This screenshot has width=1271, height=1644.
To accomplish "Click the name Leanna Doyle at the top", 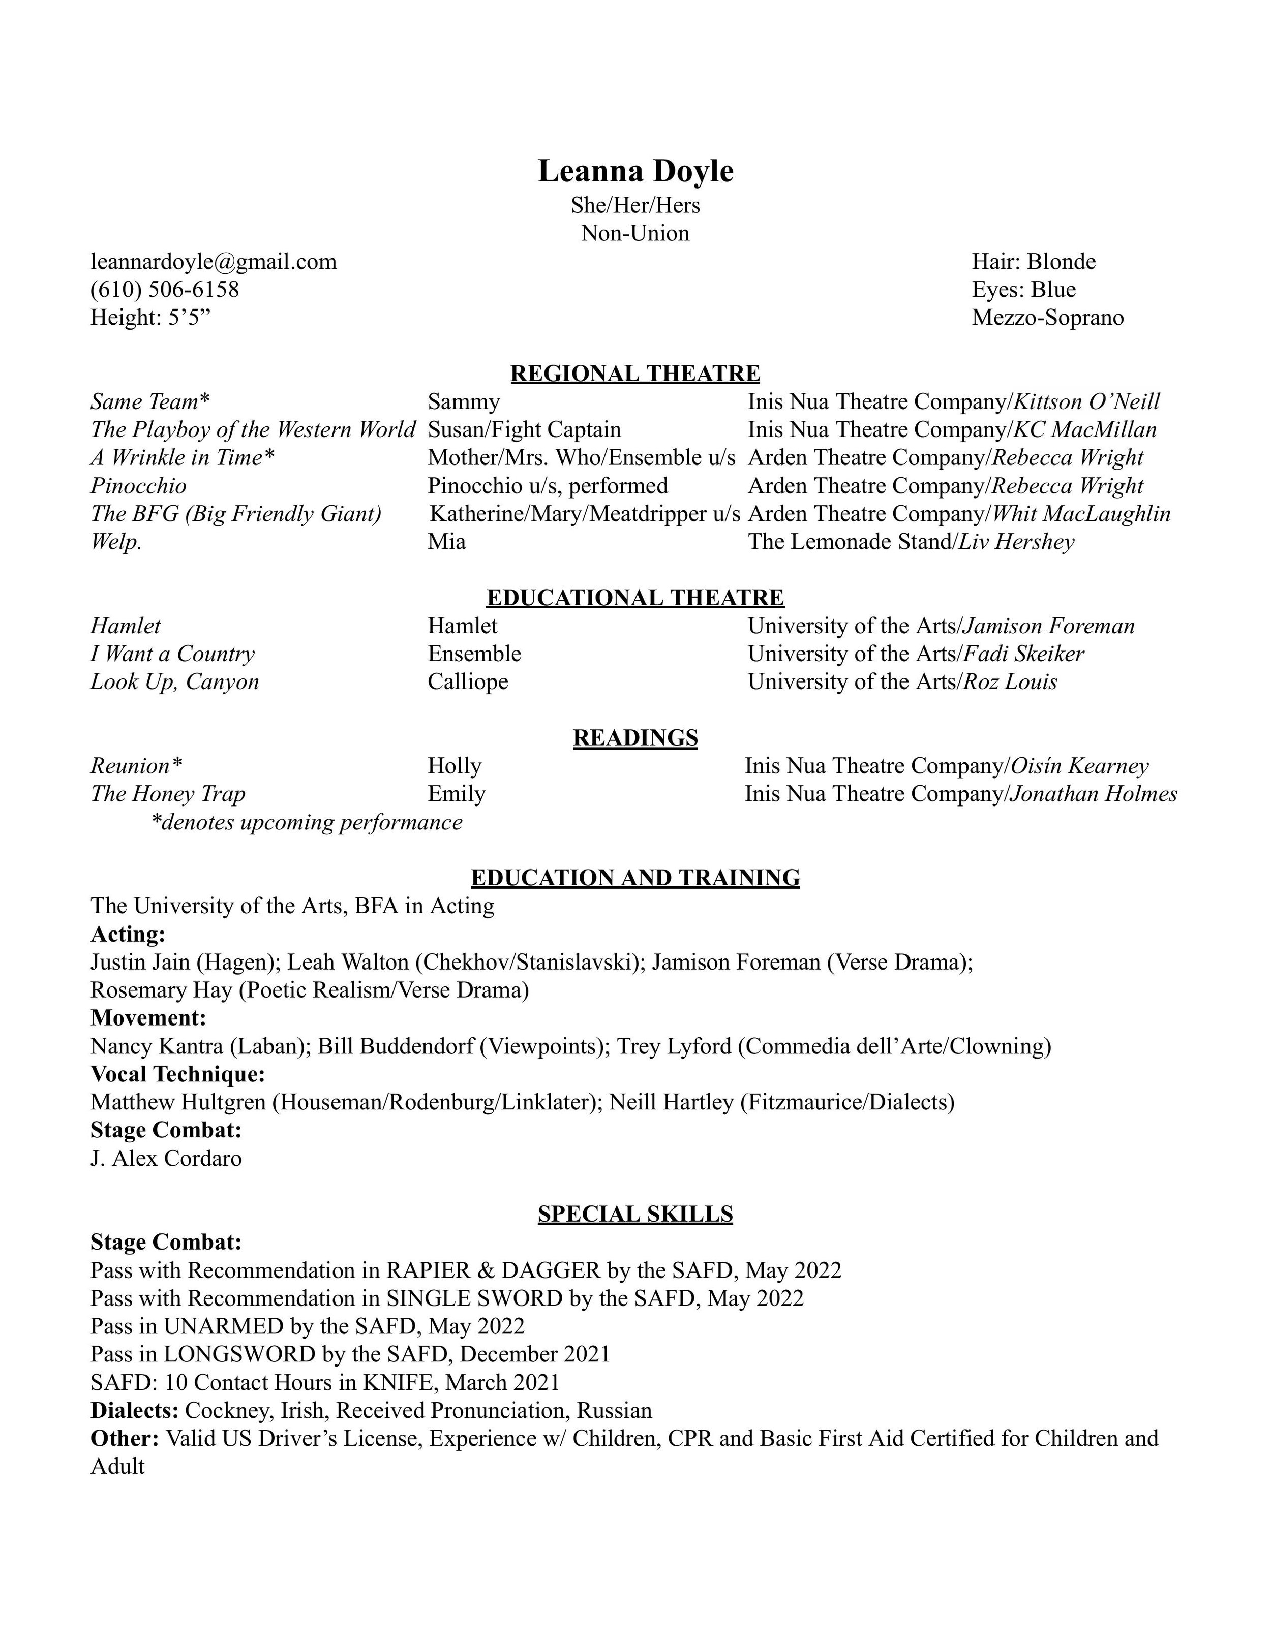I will [x=635, y=172].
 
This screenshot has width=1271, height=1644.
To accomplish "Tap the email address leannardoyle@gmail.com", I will [x=214, y=262].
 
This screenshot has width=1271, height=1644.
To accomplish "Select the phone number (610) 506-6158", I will [x=165, y=290].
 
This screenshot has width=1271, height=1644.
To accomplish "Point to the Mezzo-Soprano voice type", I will [x=1047, y=318].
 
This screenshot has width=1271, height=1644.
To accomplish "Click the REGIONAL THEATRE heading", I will [x=635, y=374].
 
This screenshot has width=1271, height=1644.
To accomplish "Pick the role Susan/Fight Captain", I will [x=524, y=430].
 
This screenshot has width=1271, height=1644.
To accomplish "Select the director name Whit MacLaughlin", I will [x=1081, y=514].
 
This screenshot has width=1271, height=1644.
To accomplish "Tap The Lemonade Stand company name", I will [x=850, y=542].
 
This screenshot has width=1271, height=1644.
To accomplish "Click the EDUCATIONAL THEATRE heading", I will [x=635, y=598].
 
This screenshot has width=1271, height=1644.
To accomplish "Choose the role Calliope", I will [x=468, y=682].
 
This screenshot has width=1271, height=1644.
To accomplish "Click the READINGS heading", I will [x=635, y=738].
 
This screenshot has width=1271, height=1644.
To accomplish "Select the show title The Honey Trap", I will [x=168, y=794].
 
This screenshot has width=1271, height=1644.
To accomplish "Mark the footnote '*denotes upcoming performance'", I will [x=307, y=822].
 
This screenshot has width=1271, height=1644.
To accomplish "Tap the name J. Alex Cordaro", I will [x=166, y=1159].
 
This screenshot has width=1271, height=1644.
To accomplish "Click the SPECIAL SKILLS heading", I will [x=635, y=1214].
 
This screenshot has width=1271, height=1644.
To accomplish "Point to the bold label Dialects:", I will [x=135, y=1411].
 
